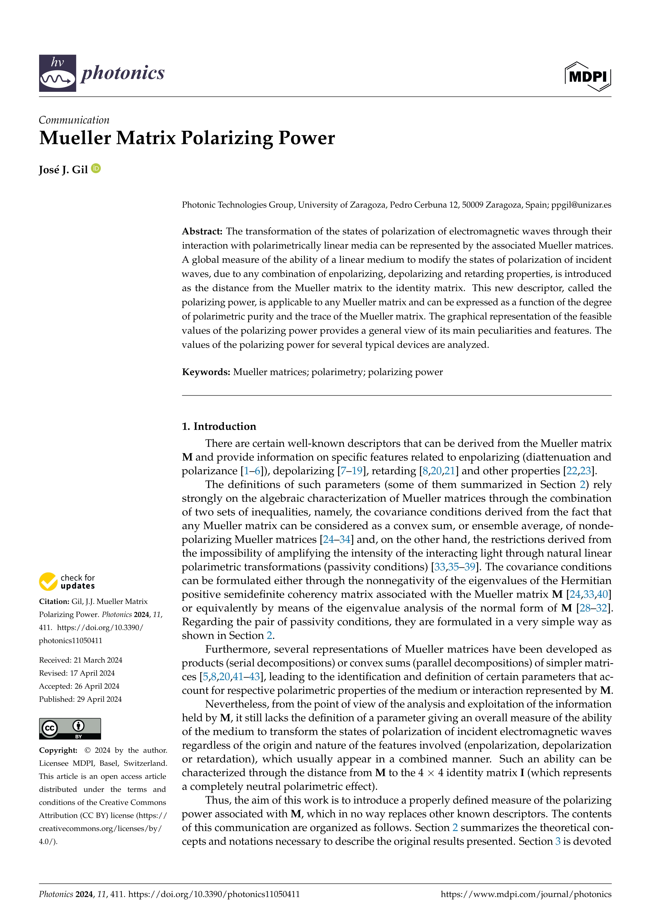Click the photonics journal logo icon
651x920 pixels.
[57, 73]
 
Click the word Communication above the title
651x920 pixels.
[74, 120]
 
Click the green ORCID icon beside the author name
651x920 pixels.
[96, 169]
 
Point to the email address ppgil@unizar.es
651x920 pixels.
[581, 205]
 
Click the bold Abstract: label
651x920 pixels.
[202, 231]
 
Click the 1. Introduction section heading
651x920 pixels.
[219, 426]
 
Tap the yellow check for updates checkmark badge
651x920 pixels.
[48, 581]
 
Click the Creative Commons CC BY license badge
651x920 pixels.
[70, 728]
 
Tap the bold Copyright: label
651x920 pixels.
[58, 750]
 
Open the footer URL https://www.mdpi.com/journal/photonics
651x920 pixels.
[526, 894]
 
